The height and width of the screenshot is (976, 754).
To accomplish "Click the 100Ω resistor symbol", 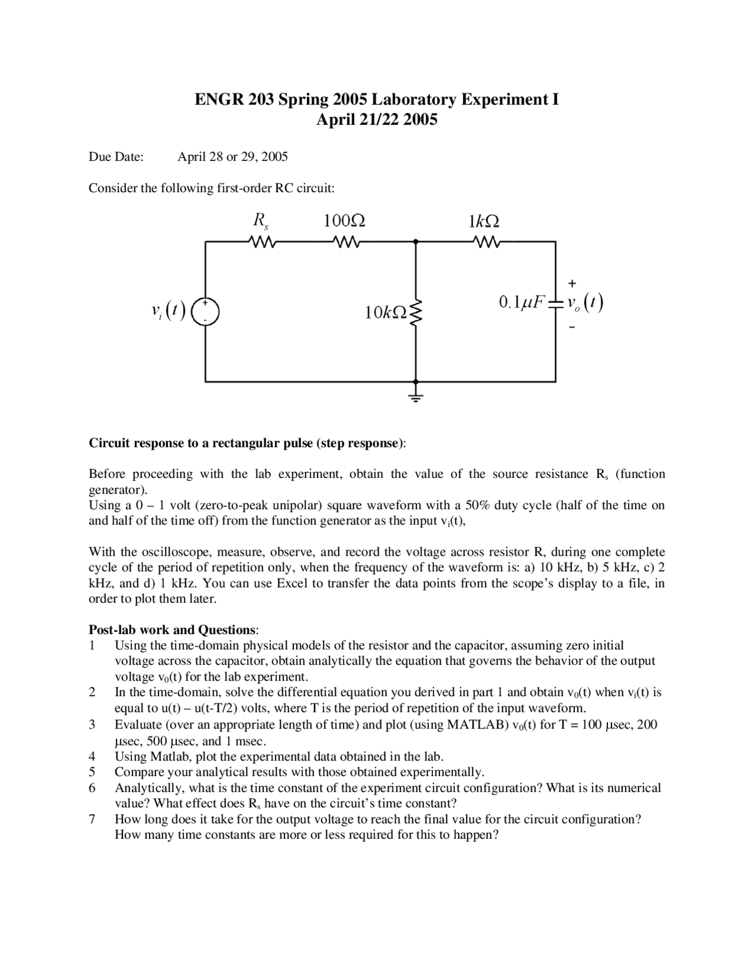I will click(344, 242).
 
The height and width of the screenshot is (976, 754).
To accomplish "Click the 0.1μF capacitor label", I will click(522, 303).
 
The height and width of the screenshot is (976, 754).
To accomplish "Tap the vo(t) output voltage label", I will click(584, 303).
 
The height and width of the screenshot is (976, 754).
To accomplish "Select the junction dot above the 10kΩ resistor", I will click(416, 242).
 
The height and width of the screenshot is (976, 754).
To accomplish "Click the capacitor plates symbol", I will click(555, 303).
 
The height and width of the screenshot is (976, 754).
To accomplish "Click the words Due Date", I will click(116, 157).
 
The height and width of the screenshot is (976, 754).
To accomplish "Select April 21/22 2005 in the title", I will click(377, 120).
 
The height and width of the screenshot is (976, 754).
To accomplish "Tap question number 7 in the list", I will click(92, 819).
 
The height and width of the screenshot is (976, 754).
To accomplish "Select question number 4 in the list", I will click(92, 756).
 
